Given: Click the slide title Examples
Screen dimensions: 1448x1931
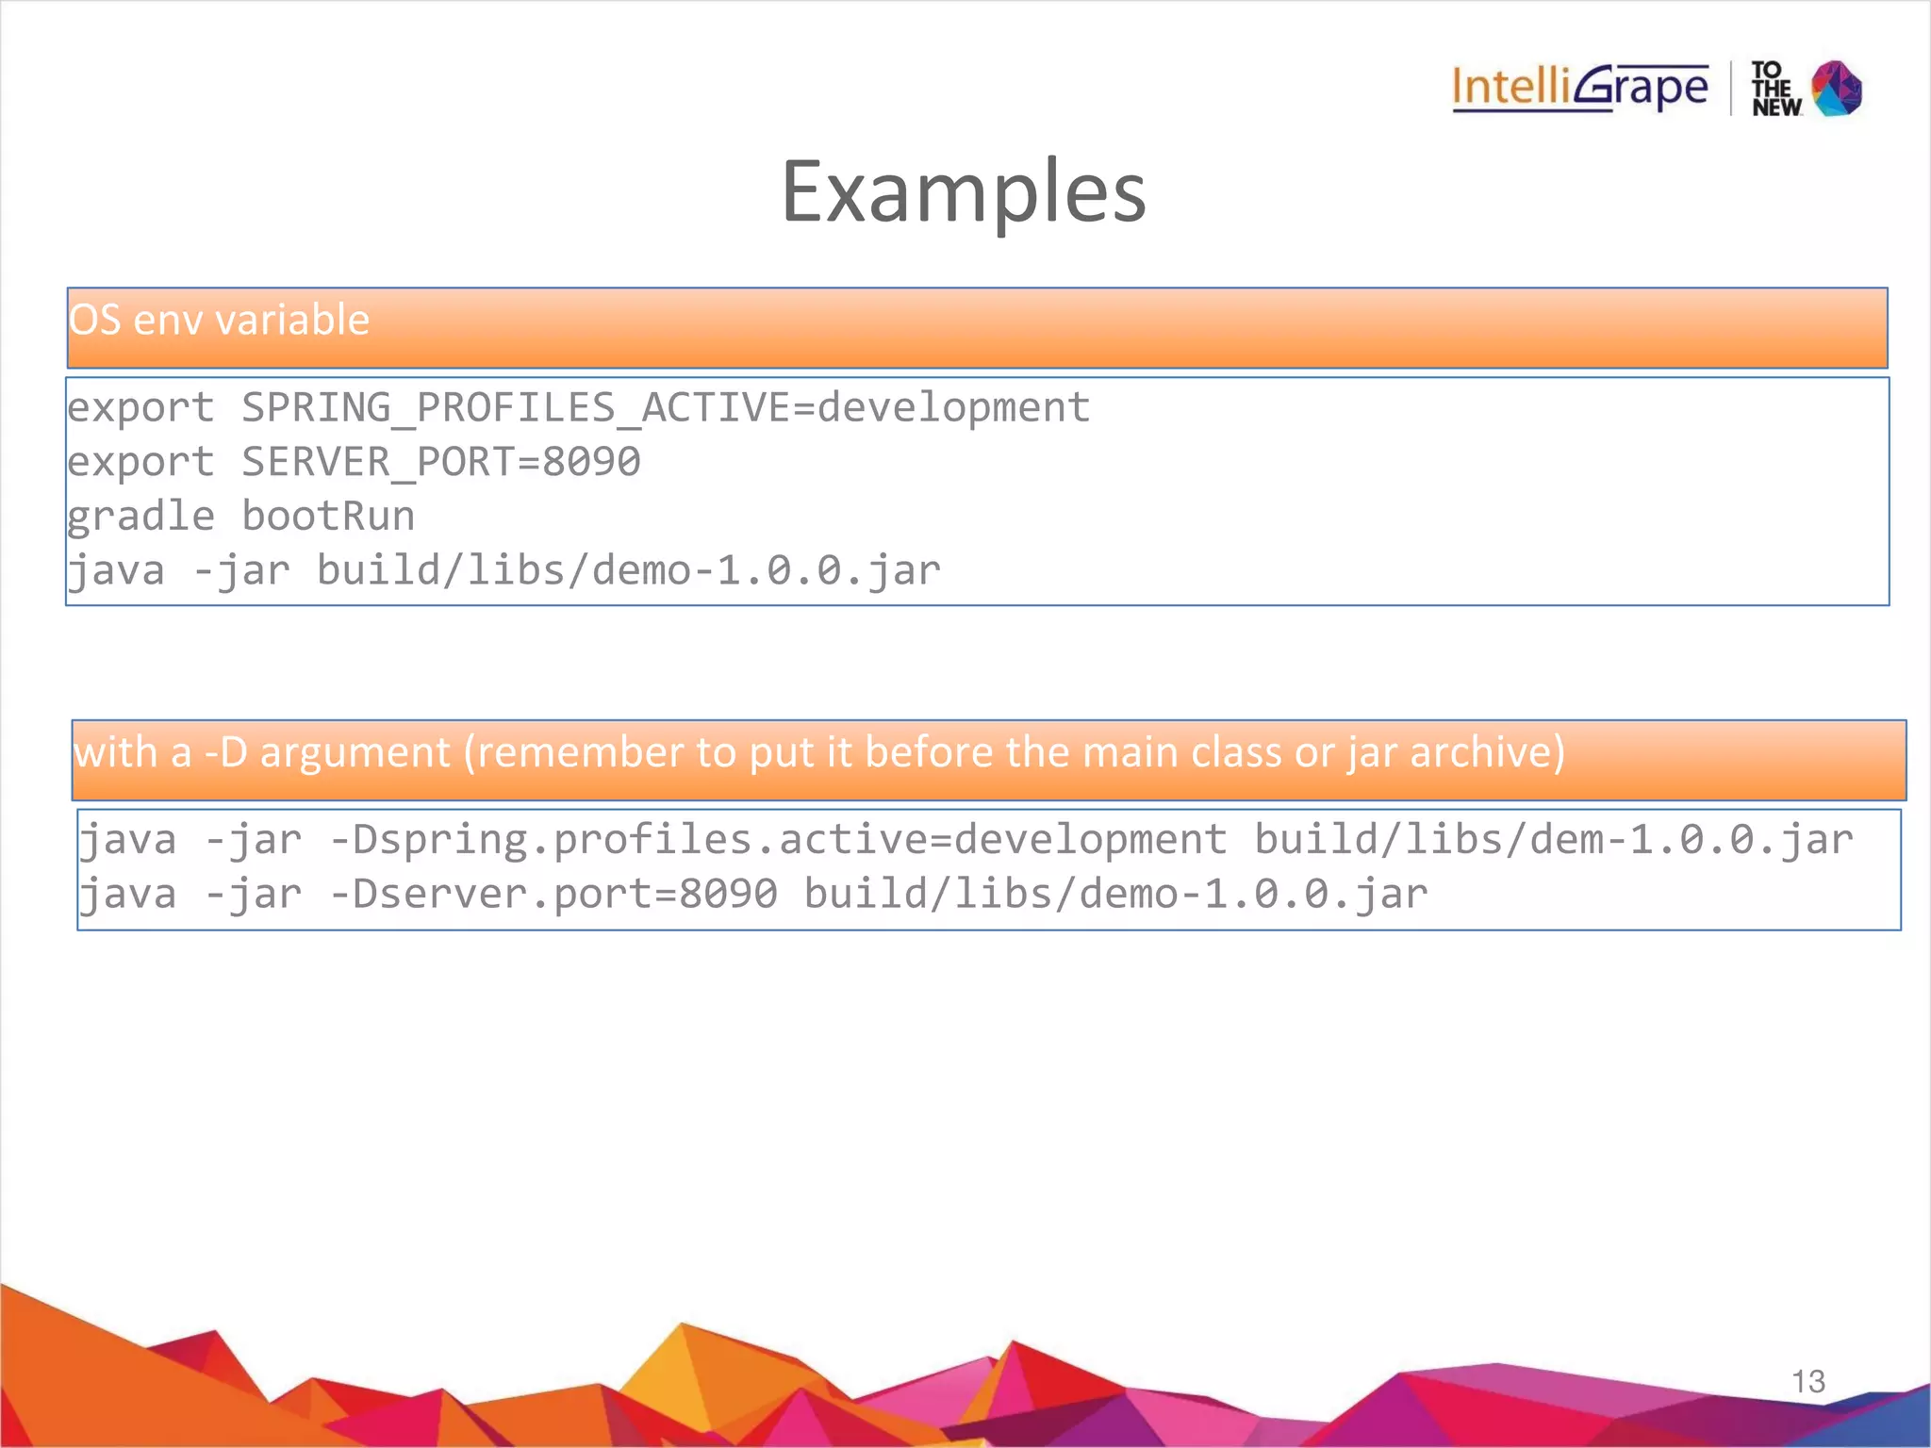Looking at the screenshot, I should pos(964,192).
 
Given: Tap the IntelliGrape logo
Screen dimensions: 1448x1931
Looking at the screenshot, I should pos(1580,89).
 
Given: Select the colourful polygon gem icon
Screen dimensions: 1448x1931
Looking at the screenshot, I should pos(1838,89).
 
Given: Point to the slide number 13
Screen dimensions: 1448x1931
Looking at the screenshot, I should pos(1808,1382).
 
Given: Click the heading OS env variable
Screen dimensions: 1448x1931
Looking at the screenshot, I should pos(219,321).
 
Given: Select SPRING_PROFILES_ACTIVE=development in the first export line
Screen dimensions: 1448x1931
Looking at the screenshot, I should pos(666,408).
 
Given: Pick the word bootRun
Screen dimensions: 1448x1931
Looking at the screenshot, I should pos(328,517).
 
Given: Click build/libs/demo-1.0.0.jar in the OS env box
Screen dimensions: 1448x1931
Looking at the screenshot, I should pos(628,571).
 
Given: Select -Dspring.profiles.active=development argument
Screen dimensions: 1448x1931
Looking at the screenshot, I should pos(779,840).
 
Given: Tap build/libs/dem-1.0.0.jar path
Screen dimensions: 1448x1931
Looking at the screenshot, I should pos(1554,840).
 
